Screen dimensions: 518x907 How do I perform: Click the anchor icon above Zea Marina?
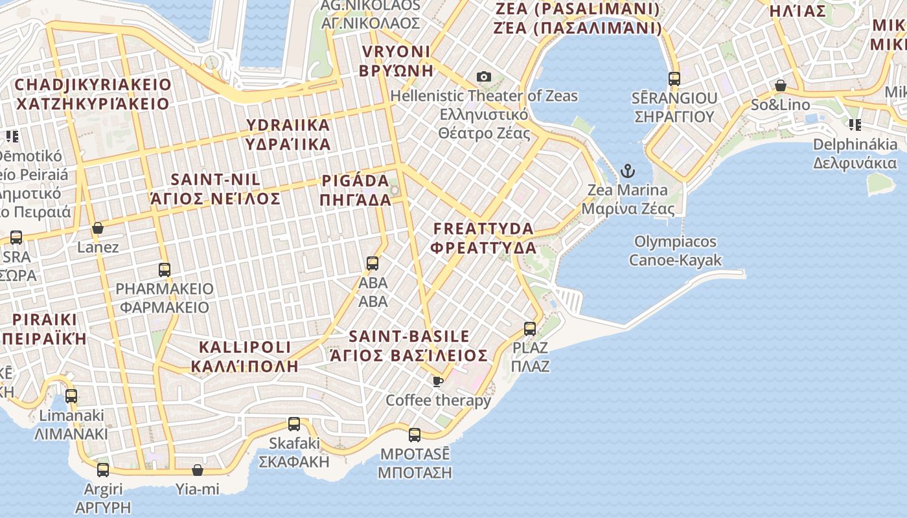pyautogui.click(x=627, y=172)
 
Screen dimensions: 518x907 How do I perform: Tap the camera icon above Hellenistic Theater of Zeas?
pyautogui.click(x=483, y=77)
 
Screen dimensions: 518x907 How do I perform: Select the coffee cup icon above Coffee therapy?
pyautogui.click(x=438, y=381)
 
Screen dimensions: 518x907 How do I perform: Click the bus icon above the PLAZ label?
pyautogui.click(x=530, y=329)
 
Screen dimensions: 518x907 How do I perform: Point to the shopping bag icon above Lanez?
pyautogui.click(x=98, y=228)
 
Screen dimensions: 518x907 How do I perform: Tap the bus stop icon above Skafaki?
pyautogui.click(x=294, y=424)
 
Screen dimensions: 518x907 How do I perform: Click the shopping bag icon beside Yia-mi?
pyautogui.click(x=198, y=470)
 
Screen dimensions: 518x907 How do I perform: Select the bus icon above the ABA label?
pyautogui.click(x=373, y=264)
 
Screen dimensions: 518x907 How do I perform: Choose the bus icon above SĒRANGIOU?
pyautogui.click(x=674, y=79)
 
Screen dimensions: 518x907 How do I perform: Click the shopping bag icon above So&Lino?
pyautogui.click(x=781, y=86)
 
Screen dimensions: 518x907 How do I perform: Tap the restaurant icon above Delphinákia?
pyautogui.click(x=855, y=125)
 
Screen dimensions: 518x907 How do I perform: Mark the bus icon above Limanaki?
pyautogui.click(x=71, y=396)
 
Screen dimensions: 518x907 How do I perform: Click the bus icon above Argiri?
pyautogui.click(x=103, y=470)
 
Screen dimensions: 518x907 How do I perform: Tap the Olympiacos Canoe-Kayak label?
pyautogui.click(x=675, y=251)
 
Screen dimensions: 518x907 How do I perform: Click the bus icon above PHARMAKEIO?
pyautogui.click(x=165, y=270)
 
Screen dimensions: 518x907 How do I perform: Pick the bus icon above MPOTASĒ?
pyautogui.click(x=415, y=435)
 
